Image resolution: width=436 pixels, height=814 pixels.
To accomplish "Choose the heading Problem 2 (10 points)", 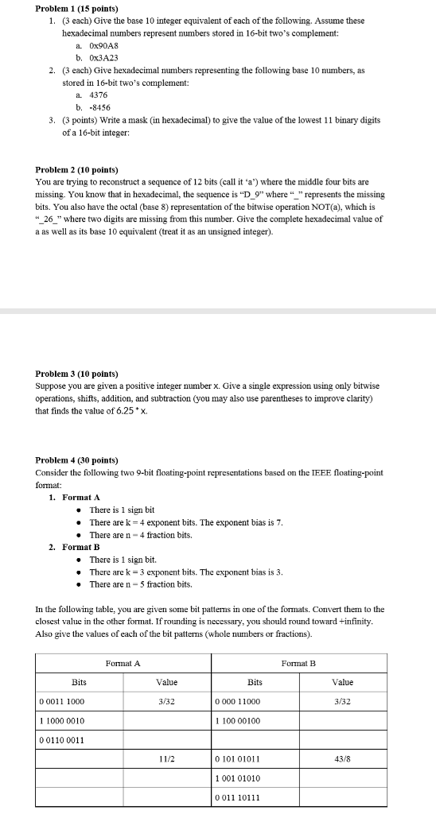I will (x=77, y=170).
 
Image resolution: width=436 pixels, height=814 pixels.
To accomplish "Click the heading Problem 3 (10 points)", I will (x=77, y=373).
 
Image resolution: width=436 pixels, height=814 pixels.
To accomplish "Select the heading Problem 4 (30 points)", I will (x=77, y=460).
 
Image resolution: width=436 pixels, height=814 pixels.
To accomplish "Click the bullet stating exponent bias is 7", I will (x=186, y=522).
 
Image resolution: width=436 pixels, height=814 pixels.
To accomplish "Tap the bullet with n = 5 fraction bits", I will (x=141, y=584).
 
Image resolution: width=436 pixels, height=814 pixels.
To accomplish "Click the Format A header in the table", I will (x=123, y=662).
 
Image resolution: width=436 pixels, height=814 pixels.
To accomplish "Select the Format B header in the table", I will (x=298, y=662).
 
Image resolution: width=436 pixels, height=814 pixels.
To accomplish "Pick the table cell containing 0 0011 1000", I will (x=63, y=701).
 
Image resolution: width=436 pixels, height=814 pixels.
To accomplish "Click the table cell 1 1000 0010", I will (x=63, y=720).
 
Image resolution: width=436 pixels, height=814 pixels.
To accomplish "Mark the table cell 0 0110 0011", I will (x=63, y=740).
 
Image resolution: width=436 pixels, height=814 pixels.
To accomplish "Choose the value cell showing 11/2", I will (x=166, y=759).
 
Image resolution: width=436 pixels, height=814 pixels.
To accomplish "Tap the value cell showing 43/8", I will (x=342, y=759).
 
